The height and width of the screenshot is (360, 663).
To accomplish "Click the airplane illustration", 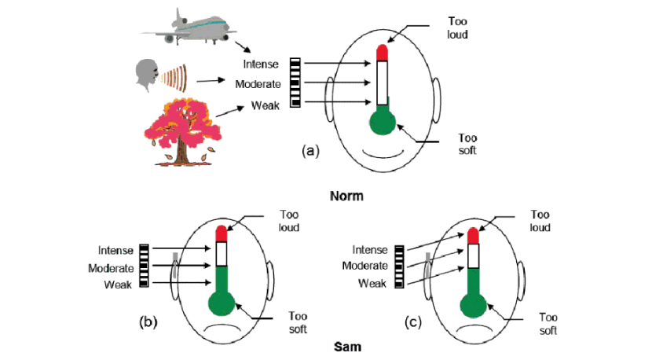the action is [189, 27].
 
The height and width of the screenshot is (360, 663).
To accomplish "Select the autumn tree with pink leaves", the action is [183, 131].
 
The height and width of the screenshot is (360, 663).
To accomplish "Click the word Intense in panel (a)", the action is [261, 64].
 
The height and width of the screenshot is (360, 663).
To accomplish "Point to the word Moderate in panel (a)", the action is [258, 84].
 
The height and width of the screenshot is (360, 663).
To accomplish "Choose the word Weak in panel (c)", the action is [372, 283].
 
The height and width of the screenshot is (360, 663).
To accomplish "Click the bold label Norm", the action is [346, 196].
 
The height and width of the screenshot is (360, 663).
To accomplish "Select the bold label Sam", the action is [347, 347].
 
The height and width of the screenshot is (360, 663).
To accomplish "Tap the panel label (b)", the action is [148, 322].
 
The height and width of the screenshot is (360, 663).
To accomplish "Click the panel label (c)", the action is [412, 322].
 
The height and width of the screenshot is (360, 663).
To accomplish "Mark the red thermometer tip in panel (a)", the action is [383, 53].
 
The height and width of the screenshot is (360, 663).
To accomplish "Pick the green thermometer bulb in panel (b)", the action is [222, 303].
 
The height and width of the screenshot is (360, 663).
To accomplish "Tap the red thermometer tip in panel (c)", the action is [473, 236].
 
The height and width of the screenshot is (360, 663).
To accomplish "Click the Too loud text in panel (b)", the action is [289, 221].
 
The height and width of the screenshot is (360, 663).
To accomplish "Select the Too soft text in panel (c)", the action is [548, 324].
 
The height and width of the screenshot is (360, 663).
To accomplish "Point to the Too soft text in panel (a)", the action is [467, 145].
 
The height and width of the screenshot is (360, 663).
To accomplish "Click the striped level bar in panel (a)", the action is [295, 83].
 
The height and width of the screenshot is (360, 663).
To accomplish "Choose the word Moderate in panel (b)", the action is [111, 268].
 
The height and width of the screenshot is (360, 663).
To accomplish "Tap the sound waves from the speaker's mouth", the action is [174, 77].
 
